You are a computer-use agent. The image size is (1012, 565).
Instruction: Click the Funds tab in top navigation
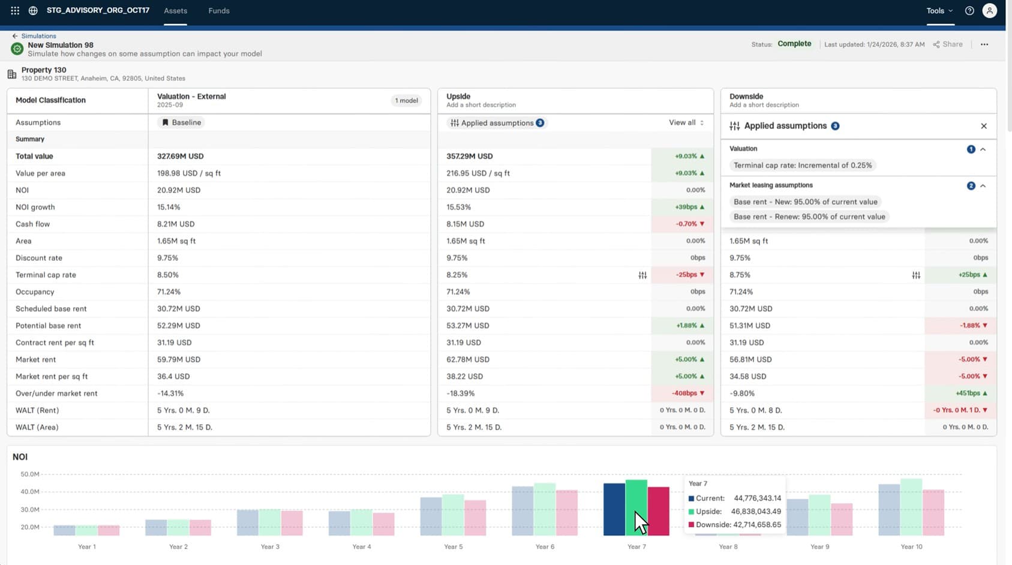(x=218, y=11)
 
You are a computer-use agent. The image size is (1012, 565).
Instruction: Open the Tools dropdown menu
(x=939, y=11)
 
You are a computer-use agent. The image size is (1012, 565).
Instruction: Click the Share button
(x=948, y=44)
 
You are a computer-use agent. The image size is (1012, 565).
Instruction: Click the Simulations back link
(x=38, y=36)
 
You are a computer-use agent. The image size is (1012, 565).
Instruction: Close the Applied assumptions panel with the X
(x=984, y=126)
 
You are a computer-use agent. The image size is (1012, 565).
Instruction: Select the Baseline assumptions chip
(x=181, y=122)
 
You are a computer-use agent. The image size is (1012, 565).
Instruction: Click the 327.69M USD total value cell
(x=180, y=156)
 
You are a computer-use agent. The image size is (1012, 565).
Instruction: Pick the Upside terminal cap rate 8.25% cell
(x=457, y=275)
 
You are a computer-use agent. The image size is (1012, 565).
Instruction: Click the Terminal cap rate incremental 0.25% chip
(x=803, y=166)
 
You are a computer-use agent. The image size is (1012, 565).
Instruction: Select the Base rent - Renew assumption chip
(x=809, y=217)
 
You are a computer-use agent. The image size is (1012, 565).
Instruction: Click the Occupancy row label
(x=35, y=291)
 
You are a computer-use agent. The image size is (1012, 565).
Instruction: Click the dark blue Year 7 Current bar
(x=614, y=509)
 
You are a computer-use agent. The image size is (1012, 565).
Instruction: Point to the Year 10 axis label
(x=911, y=546)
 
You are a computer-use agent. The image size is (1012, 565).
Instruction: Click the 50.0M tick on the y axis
(x=29, y=474)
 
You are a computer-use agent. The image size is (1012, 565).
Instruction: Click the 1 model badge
(x=406, y=101)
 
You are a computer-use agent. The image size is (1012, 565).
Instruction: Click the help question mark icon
(x=969, y=11)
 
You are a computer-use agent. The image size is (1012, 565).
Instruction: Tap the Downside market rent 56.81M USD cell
(x=750, y=359)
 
